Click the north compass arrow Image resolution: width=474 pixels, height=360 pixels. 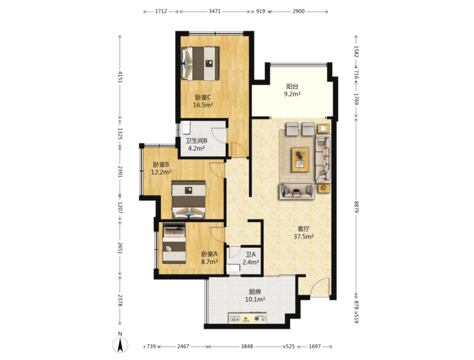click(120, 345)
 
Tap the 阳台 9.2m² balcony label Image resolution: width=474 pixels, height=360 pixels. click(292, 90)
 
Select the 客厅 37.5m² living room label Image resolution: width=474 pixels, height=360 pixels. click(304, 233)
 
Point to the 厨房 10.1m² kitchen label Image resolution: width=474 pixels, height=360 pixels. click(255, 295)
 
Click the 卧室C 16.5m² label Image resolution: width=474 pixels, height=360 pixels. click(203, 101)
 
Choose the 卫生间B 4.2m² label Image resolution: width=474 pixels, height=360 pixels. click(197, 145)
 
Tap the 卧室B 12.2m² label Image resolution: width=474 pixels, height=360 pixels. click(161, 169)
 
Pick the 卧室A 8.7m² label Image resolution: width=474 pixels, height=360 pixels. click(209, 258)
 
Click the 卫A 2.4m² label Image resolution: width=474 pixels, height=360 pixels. click(250, 258)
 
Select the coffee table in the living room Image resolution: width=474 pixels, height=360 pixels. click(300, 160)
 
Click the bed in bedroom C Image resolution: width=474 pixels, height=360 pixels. click(200, 64)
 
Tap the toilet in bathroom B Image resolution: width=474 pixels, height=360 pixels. click(185, 127)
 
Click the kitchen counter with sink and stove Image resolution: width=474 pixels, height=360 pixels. click(248, 318)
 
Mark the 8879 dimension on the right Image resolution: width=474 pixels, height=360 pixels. click(356, 207)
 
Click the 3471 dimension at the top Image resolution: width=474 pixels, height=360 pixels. click(215, 12)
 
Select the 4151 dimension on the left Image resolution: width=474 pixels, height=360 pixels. click(120, 77)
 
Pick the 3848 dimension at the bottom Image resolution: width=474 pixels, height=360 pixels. click(247, 346)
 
